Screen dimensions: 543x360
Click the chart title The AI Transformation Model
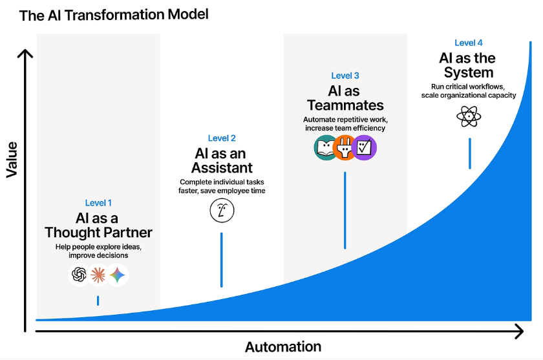coord(114,16)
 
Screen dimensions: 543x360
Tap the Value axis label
coord(12,160)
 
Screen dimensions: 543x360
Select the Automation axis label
coord(283,346)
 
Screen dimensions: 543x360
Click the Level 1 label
coord(98,203)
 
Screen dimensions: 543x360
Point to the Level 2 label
coord(222,138)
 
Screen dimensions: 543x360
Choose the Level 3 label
coord(345,76)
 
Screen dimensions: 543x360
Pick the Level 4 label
coord(469,43)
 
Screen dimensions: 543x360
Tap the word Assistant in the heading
coord(222,167)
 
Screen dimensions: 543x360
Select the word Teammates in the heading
coord(345,105)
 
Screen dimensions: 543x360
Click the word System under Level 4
coord(469,72)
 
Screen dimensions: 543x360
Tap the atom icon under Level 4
coord(469,116)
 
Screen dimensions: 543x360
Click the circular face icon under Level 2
coord(222,211)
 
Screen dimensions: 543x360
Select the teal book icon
coord(326,147)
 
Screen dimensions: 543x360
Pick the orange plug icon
coord(345,147)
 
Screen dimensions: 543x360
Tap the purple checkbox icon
coord(364,147)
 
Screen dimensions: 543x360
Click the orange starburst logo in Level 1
coord(98,275)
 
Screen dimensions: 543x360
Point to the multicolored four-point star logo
coord(118,275)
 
